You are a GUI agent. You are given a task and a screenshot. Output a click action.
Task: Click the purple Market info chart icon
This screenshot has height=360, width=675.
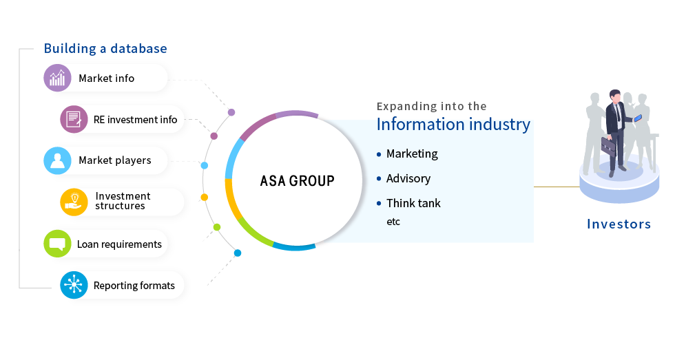(x=57, y=78)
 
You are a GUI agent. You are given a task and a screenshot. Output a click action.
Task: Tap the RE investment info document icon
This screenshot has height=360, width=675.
(x=74, y=119)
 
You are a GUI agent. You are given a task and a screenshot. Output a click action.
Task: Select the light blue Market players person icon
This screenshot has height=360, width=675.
(x=57, y=160)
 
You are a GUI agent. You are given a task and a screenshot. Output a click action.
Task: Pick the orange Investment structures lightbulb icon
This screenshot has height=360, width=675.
(x=74, y=202)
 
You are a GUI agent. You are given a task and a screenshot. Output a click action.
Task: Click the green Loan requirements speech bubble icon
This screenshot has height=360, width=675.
(x=57, y=244)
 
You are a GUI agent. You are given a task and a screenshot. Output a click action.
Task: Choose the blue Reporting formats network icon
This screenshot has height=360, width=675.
(x=74, y=285)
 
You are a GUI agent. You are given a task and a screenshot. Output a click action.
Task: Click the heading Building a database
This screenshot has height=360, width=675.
(x=105, y=49)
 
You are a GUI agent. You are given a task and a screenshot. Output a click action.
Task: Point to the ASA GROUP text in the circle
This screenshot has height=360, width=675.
(x=297, y=181)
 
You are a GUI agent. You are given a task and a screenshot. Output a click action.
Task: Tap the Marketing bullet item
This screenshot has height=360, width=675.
(x=407, y=154)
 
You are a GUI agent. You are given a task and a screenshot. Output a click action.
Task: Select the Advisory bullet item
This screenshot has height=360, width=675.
(x=404, y=178)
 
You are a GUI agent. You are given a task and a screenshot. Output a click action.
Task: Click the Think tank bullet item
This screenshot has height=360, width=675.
(x=408, y=203)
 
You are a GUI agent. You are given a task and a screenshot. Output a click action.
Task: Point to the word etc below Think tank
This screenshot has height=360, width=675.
(x=393, y=222)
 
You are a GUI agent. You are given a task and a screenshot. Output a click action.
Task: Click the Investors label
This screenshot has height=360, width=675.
(x=619, y=224)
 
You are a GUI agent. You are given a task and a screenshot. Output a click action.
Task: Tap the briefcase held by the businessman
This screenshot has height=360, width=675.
(x=608, y=145)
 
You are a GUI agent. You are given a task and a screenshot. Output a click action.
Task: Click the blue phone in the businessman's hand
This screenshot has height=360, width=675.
(x=638, y=118)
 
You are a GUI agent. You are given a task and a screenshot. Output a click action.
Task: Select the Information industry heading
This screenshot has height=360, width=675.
(x=453, y=125)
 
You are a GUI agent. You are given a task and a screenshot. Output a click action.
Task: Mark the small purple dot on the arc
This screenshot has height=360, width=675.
(x=231, y=112)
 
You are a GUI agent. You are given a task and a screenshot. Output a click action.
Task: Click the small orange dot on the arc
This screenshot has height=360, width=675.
(x=205, y=197)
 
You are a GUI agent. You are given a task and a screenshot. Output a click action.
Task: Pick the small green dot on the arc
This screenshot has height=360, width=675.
(x=217, y=227)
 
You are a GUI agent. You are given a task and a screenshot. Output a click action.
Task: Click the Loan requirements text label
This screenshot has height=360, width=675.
(x=119, y=244)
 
